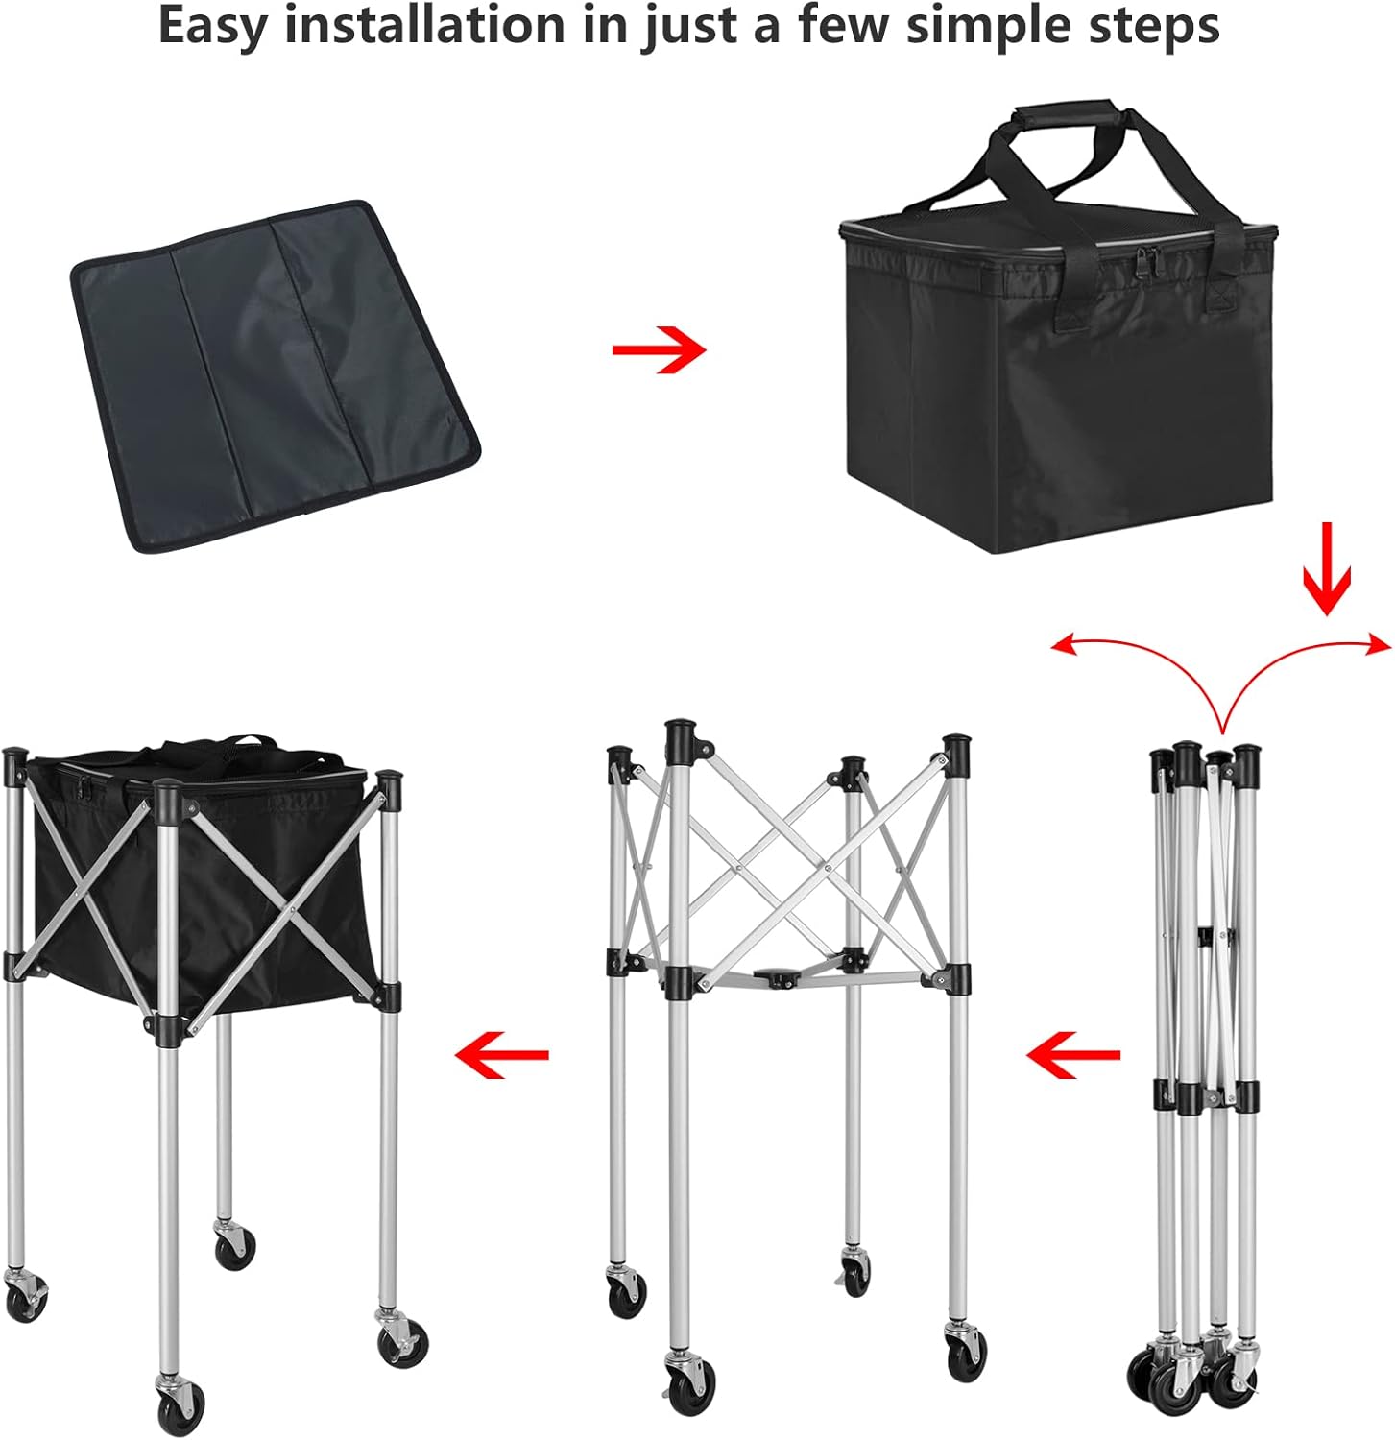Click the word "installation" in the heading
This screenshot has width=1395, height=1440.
424,25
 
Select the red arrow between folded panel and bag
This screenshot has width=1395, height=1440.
659,348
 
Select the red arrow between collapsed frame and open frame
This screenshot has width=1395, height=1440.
1072,1055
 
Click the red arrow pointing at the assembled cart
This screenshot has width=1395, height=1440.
501,1055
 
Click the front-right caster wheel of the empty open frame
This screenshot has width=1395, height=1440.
965,1360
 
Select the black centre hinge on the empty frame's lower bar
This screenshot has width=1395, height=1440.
780,978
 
